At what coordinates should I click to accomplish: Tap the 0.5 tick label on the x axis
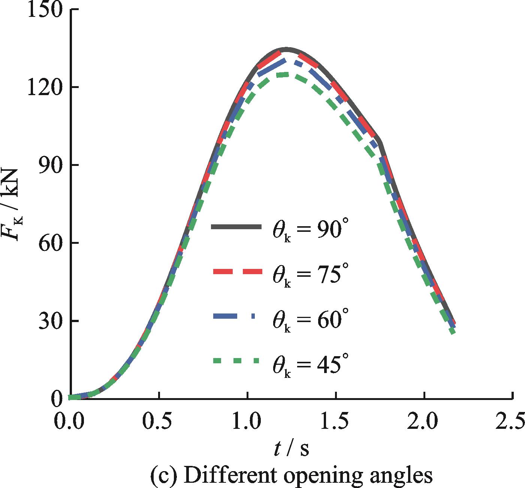pyautogui.click(x=159, y=422)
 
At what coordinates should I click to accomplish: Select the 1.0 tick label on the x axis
pyautogui.click(x=248, y=422)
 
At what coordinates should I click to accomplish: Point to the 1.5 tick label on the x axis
pyautogui.click(x=336, y=422)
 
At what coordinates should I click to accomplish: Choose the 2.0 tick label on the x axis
pyautogui.click(x=425, y=422)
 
